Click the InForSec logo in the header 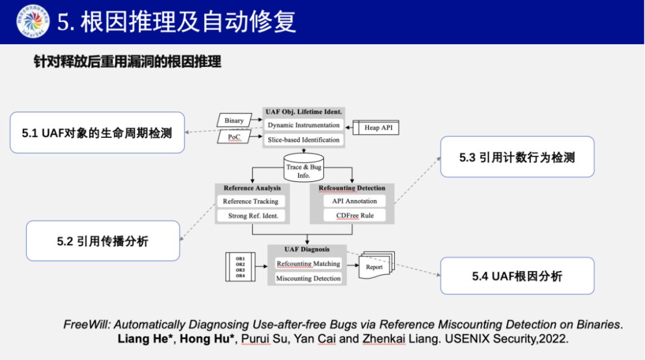pos(33,21)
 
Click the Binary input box pos(234,120)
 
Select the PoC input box pos(234,137)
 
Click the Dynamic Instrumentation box pos(303,125)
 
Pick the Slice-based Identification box pos(303,140)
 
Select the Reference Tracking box pos(250,201)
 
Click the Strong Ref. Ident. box pos(253,216)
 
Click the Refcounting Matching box pos(308,263)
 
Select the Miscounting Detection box pos(308,278)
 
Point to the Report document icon pos(375,266)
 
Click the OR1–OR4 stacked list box pos(240,267)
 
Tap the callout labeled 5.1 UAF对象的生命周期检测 pos(97,133)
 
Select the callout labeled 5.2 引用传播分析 pos(103,241)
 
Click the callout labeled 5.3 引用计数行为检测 pos(517,157)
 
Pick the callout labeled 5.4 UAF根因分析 pos(517,276)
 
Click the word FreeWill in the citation pos(87,325)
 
